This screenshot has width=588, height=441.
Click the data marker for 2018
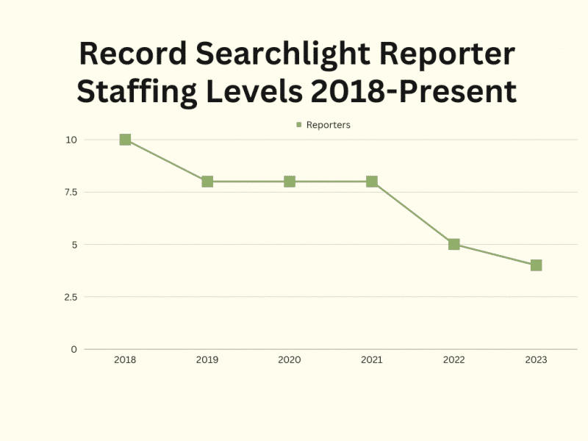(x=125, y=140)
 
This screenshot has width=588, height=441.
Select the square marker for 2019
(x=207, y=182)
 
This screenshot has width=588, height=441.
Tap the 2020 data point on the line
(x=290, y=182)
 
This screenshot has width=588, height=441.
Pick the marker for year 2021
(x=372, y=182)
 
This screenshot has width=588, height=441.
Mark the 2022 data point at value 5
(x=454, y=244)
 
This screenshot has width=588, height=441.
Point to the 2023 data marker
(x=537, y=265)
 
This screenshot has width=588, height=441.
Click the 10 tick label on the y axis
(x=71, y=140)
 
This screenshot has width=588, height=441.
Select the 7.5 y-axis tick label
(x=69, y=192)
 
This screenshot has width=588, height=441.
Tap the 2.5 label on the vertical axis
(x=69, y=297)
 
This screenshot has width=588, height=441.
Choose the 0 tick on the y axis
(x=73, y=349)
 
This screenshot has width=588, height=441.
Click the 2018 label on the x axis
(x=125, y=360)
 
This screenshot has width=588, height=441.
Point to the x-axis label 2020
(x=290, y=360)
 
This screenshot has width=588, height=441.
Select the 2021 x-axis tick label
(x=372, y=360)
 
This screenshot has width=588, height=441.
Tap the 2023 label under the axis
(x=537, y=360)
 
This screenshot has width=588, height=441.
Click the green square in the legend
(x=299, y=125)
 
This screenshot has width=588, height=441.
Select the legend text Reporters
(x=328, y=125)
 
